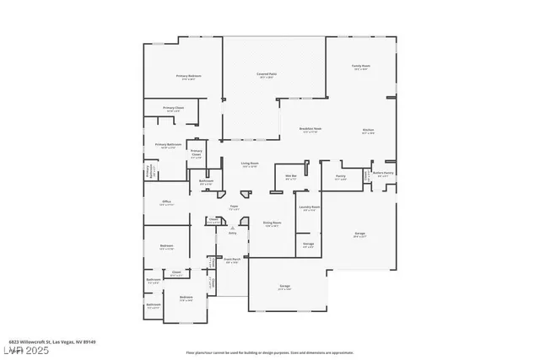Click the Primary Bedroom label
(x=188, y=77)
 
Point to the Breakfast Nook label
(x=310, y=129)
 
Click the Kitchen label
(x=368, y=131)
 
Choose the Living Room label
(x=249, y=164)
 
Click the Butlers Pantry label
(x=383, y=174)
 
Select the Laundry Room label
(x=309, y=207)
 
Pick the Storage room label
(x=309, y=244)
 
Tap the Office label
(x=167, y=202)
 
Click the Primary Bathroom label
(x=168, y=146)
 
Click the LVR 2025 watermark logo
(x=22, y=350)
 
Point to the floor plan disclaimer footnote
(x=269, y=352)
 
